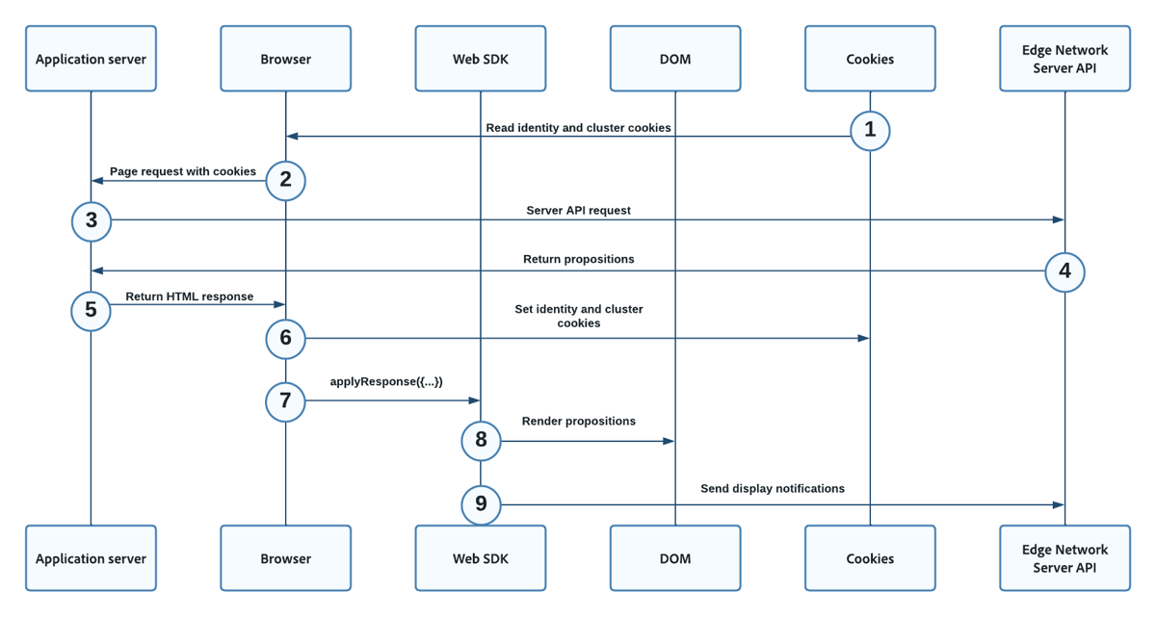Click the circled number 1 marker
click(870, 130)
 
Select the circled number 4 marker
click(1064, 271)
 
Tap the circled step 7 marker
click(285, 400)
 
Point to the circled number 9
click(481, 503)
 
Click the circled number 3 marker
click(92, 220)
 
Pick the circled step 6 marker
click(285, 338)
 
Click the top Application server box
click(92, 59)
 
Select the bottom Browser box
click(286, 558)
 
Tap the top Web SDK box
click(481, 59)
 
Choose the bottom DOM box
click(675, 558)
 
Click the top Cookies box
click(870, 59)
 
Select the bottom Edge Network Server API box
click(1064, 558)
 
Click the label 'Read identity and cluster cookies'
click(578, 127)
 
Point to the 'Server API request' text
click(578, 210)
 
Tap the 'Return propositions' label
click(578, 259)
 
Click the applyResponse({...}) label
click(386, 381)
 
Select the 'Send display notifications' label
click(773, 488)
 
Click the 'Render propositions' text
click(579, 421)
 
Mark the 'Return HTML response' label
click(190, 296)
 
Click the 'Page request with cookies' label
click(183, 171)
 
